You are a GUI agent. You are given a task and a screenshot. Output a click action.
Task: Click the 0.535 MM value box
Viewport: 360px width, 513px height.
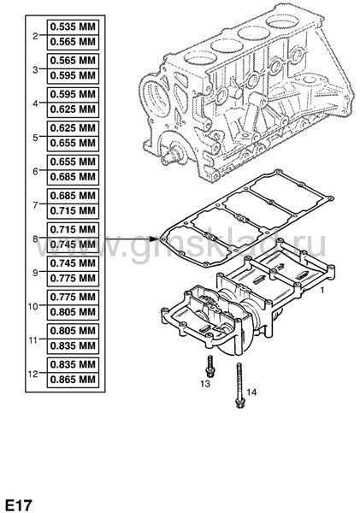tap(73, 27)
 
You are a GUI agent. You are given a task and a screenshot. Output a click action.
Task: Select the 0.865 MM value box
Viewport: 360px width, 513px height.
tap(73, 380)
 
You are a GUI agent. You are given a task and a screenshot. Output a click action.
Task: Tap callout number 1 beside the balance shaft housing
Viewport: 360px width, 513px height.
tap(322, 290)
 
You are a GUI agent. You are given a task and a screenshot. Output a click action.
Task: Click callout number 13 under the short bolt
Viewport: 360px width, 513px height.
tap(205, 384)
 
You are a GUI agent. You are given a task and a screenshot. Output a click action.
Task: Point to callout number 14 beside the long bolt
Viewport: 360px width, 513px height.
tap(251, 392)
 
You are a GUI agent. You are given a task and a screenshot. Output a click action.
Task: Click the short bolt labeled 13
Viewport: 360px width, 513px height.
tap(208, 367)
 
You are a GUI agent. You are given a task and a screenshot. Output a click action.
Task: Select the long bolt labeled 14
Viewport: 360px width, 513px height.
tap(239, 386)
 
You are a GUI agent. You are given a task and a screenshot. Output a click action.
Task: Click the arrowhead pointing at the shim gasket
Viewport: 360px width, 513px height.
tap(156, 239)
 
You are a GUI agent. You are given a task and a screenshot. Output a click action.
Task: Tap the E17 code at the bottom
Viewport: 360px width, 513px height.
tap(19, 505)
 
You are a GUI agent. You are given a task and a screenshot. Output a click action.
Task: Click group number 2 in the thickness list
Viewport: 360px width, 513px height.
tap(35, 36)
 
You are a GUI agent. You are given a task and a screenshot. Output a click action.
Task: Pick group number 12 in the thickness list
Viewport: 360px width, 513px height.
tap(33, 374)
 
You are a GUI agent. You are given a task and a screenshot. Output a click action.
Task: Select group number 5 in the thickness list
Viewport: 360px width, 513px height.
tap(35, 138)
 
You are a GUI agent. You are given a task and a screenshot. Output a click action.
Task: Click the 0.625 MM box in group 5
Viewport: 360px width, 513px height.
tap(73, 128)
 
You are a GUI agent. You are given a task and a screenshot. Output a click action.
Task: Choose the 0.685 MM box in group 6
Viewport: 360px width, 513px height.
tap(73, 177)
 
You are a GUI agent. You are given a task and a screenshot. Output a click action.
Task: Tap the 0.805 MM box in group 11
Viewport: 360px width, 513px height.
tap(73, 331)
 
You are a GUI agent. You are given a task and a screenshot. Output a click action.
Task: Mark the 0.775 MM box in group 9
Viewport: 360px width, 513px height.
tap(73, 279)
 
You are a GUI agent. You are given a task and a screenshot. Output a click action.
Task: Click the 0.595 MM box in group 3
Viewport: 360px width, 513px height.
tap(73, 76)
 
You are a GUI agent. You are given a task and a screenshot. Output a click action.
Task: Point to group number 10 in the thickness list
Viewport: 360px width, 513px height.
tap(33, 306)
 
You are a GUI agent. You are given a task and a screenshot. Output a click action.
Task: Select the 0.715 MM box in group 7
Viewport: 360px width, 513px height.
tap(73, 211)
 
